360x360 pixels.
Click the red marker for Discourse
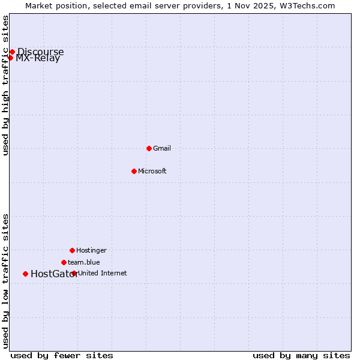pyautogui.click(x=12, y=52)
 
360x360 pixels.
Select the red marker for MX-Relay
pyautogui.click(x=10, y=58)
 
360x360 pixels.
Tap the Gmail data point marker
pyautogui.click(x=149, y=148)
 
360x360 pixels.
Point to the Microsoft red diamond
pyautogui.click(x=134, y=171)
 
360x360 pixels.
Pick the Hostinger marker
pyautogui.click(x=72, y=250)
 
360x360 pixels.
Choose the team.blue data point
pyautogui.click(x=64, y=262)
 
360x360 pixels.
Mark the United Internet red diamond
pyautogui.click(x=74, y=273)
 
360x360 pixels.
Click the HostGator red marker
pyautogui.click(x=25, y=274)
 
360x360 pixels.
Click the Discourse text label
pyautogui.click(x=40, y=52)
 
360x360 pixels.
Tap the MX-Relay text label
pyautogui.click(x=38, y=58)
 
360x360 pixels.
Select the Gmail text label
pyautogui.click(x=162, y=148)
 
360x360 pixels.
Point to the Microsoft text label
pyautogui.click(x=152, y=171)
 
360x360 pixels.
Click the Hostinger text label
pyautogui.click(x=91, y=250)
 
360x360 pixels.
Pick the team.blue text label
pyautogui.click(x=84, y=262)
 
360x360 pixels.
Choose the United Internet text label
pyautogui.click(x=103, y=273)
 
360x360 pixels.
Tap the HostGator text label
pyautogui.click(x=54, y=274)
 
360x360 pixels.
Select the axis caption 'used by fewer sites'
pyautogui.click(x=62, y=355)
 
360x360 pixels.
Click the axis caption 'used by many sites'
pyautogui.click(x=301, y=355)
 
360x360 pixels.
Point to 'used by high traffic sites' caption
pyautogui.click(x=5, y=85)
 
